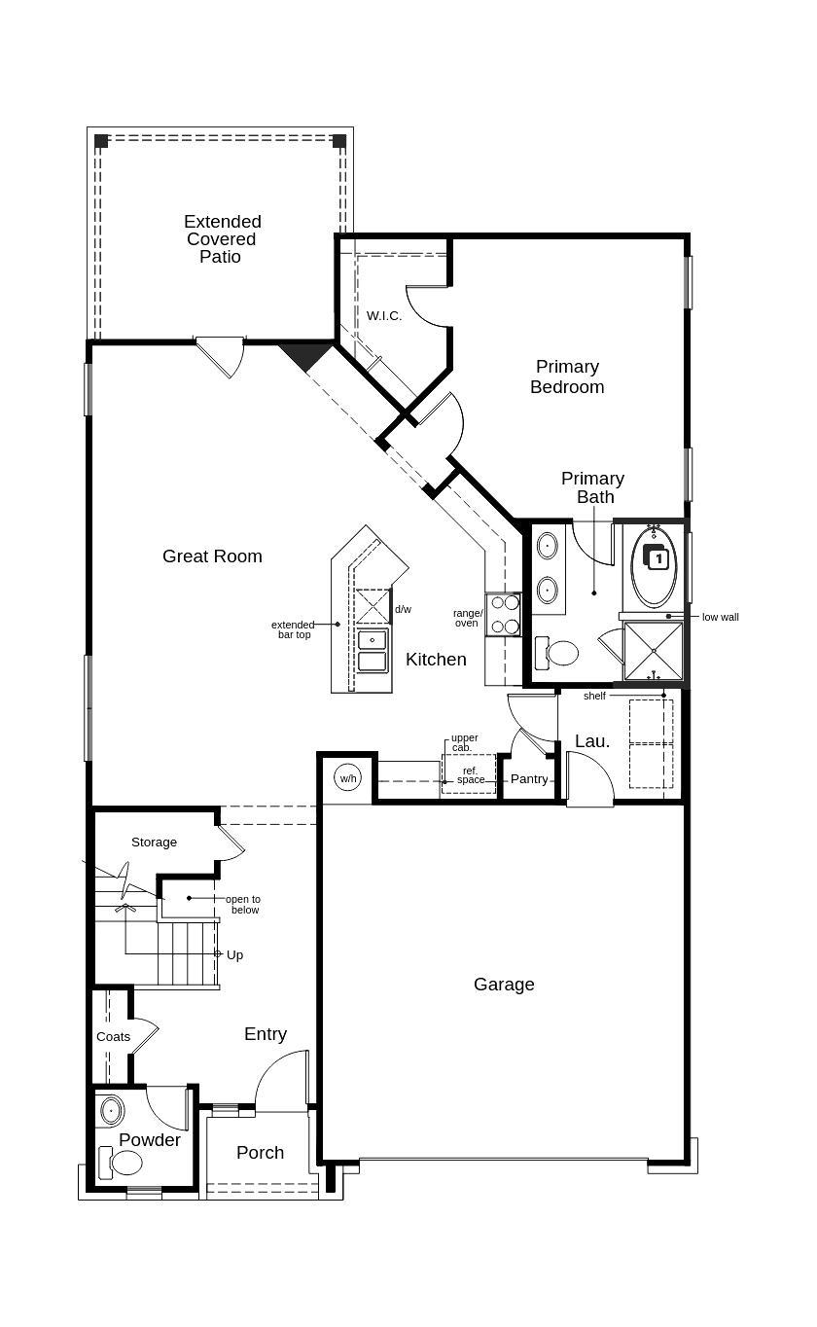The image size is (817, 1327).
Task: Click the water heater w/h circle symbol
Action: pyautogui.click(x=347, y=777)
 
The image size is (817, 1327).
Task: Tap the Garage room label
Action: pyautogui.click(x=504, y=985)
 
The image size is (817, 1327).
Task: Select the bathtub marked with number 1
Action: pyautogui.click(x=655, y=567)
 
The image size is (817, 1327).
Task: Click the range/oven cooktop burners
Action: pyautogui.click(x=504, y=615)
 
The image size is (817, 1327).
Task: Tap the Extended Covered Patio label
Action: pyautogui.click(x=222, y=239)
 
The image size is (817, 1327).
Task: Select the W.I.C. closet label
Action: pyautogui.click(x=384, y=316)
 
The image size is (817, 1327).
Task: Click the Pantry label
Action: pyautogui.click(x=529, y=779)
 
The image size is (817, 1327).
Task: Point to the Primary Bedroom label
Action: pyautogui.click(x=567, y=377)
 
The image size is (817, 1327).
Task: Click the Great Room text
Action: pyautogui.click(x=212, y=556)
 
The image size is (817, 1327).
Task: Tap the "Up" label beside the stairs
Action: pyautogui.click(x=234, y=955)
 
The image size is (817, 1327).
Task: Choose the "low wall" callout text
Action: pyautogui.click(x=720, y=617)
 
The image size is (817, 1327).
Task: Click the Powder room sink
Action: pyautogui.click(x=111, y=1110)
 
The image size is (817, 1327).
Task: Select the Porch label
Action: pyautogui.click(x=261, y=1153)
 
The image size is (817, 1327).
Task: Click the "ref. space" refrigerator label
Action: pyautogui.click(x=470, y=775)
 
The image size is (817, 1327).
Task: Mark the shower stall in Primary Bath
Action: pyautogui.click(x=654, y=651)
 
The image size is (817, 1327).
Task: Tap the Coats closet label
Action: pyautogui.click(x=113, y=1037)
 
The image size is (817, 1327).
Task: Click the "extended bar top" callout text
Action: pyautogui.click(x=292, y=629)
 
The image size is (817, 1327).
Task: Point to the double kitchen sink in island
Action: pyautogui.click(x=373, y=650)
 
